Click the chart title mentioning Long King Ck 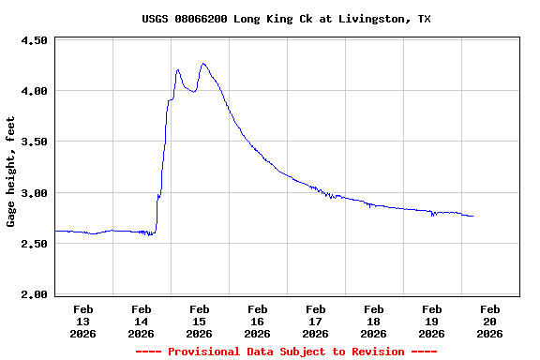point(287,19)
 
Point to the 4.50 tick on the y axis point(34,41)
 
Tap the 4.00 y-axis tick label point(34,92)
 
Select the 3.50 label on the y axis point(34,142)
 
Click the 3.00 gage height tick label point(34,193)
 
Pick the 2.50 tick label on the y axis point(34,244)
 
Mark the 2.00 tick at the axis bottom point(34,294)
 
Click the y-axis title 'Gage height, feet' point(11,172)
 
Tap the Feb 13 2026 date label point(83,321)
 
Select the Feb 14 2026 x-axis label point(142,321)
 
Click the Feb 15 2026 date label point(200,321)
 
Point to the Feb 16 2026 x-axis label point(258,321)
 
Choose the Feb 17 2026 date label point(316,321)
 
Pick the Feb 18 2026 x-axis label point(374,321)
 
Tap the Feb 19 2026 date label point(432,321)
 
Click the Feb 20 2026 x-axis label point(490,321)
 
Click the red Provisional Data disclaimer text point(286,352)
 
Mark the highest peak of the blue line point(203,64)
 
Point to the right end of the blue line point(473,217)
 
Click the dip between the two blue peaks point(193,92)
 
